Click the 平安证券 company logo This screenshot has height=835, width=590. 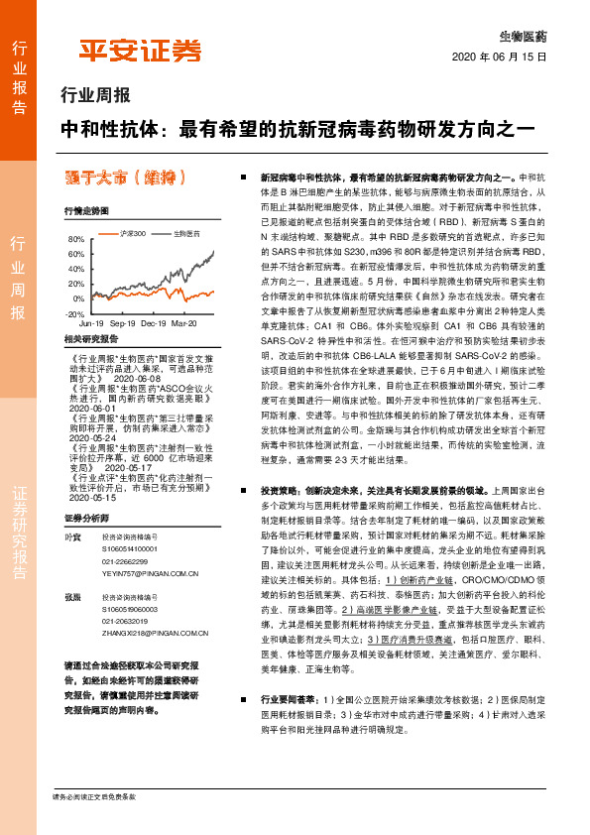point(140,52)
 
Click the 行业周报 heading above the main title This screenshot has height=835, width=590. point(95,96)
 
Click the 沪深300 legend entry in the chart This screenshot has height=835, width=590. point(131,233)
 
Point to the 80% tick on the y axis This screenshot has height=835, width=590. point(75,240)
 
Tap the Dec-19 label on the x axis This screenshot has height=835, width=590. point(154,324)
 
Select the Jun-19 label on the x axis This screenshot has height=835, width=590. point(91,324)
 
